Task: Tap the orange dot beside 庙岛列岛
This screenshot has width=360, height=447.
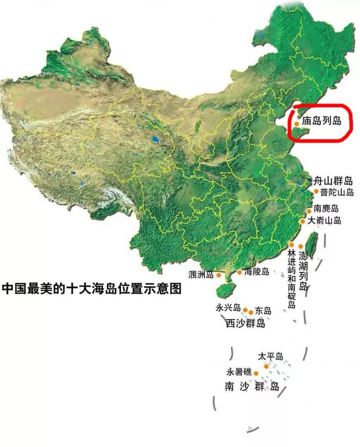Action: pos(297,123)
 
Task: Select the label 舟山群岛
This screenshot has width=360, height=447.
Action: pos(334,181)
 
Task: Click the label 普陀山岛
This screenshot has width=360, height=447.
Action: pos(337,192)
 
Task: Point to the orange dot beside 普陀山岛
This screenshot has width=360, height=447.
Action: pos(316,192)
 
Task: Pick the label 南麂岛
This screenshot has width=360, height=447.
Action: pos(326,208)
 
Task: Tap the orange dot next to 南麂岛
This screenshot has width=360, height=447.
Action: pos(309,210)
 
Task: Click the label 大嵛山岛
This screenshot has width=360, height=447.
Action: pos(325,220)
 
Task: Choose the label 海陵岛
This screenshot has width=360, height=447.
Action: pos(256,272)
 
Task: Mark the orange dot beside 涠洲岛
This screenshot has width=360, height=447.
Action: pos(218,275)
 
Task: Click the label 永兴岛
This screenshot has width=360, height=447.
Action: pos(228,308)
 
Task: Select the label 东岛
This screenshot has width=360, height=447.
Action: pos(263,310)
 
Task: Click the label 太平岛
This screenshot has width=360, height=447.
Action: pos(271,356)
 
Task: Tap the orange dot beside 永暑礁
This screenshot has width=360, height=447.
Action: pos(257,373)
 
